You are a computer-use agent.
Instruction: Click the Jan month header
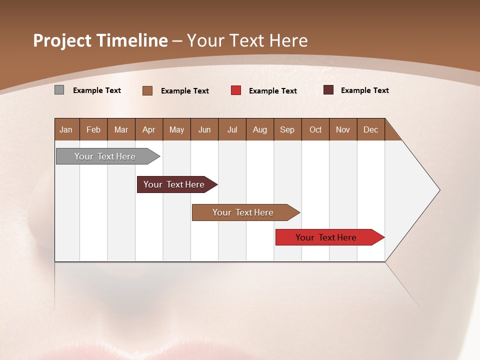point(66,129)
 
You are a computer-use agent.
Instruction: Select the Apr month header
point(148,129)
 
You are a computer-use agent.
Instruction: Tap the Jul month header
point(232,129)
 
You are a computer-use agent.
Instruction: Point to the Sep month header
point(287,129)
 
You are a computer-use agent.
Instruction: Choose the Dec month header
point(370,129)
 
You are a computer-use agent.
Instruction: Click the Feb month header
point(93,129)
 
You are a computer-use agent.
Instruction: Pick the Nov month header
point(342,129)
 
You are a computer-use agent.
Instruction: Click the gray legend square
point(59,90)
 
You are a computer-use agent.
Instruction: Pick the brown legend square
point(147,90)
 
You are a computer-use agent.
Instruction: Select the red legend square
point(235,90)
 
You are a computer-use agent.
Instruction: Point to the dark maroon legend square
point(328,90)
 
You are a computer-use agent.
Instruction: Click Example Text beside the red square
point(272,90)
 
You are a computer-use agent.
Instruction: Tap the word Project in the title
point(62,40)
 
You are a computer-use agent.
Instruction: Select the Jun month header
point(204,129)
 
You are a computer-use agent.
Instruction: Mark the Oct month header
point(315,129)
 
